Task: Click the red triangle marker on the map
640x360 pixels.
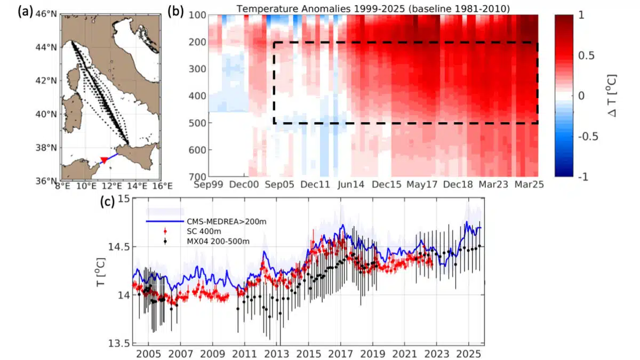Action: (x=105, y=160)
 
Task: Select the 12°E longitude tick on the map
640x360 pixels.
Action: (x=112, y=186)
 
